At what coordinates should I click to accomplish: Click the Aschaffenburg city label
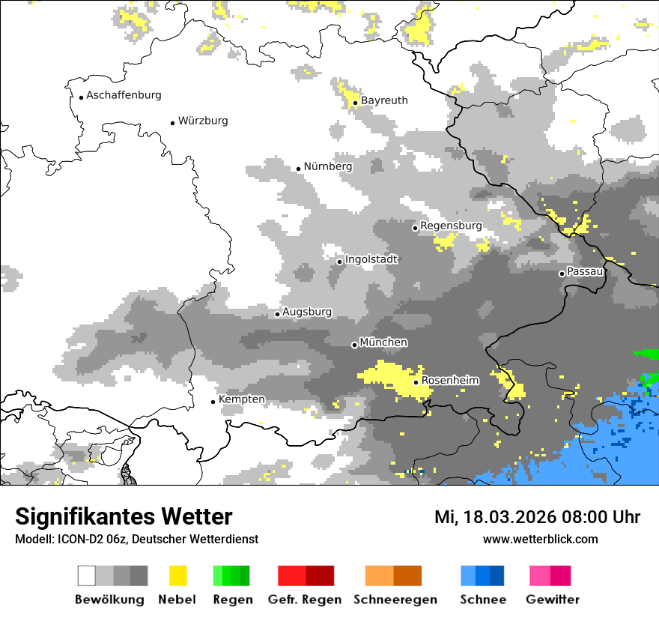pos(124,95)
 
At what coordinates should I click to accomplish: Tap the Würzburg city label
pos(203,121)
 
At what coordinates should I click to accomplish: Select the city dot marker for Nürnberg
pos(298,169)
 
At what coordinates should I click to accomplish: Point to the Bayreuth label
pos(384,100)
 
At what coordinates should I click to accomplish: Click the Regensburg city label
pos(451,226)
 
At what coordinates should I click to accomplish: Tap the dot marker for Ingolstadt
pos(339,262)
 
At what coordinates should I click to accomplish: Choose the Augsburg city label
pos(307,312)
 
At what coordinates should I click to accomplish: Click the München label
pos(383,342)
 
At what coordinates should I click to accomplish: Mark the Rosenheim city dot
pos(416,382)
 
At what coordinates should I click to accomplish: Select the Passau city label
pos(586,271)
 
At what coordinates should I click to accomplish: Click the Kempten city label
pos(241,399)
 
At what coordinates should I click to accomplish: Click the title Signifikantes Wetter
pos(124,517)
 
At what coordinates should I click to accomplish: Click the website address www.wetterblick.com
pos(540,540)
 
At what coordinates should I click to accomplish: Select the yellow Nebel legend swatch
pos(177,576)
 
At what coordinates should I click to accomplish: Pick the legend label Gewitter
pos(552,600)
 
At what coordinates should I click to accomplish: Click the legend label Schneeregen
pos(395,600)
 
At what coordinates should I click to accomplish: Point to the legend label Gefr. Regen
pos(304,600)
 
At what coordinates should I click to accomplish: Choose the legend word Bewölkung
pos(109,600)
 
